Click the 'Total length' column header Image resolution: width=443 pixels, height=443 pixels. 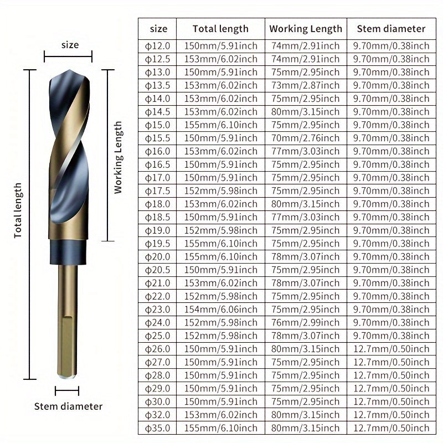click(x=220, y=29)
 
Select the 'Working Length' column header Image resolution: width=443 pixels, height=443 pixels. click(x=306, y=29)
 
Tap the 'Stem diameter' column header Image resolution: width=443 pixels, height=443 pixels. click(x=391, y=29)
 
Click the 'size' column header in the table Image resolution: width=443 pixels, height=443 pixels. click(x=158, y=29)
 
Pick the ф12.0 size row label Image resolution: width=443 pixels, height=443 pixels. click(x=157, y=46)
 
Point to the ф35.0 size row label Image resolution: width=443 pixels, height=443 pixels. click(x=157, y=428)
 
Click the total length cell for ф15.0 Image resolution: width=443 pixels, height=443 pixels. click(x=221, y=125)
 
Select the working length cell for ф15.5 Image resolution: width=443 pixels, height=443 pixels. click(x=306, y=138)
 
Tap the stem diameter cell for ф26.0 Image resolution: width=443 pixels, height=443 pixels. click(x=392, y=349)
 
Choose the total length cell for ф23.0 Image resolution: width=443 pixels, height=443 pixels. click(x=221, y=310)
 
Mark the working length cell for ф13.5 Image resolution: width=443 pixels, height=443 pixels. click(x=306, y=85)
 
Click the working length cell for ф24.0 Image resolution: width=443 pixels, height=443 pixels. click(x=306, y=323)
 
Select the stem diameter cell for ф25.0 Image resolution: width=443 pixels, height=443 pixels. click(x=392, y=336)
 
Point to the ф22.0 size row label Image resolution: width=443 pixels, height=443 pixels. click(x=157, y=296)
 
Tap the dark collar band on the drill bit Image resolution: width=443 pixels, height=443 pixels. click(x=68, y=253)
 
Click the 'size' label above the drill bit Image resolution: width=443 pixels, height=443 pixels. click(x=70, y=45)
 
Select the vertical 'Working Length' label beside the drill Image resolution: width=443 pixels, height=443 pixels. click(x=118, y=157)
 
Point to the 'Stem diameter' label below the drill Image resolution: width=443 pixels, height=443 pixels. click(x=68, y=406)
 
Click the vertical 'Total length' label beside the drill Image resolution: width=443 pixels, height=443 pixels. click(x=18, y=210)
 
